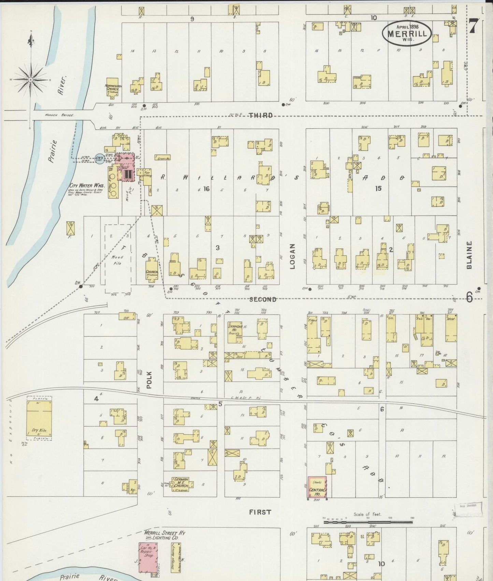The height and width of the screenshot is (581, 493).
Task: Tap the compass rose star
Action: click(31, 80)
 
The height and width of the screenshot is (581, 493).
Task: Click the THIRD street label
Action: click(261, 115)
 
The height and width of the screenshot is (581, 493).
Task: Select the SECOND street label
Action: click(262, 299)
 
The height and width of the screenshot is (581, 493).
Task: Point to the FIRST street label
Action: click(260, 512)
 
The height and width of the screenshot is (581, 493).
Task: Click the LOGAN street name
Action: click(292, 256)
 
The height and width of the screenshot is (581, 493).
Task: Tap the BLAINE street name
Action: click(469, 255)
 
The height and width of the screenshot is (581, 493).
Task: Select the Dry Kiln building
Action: click(39, 421)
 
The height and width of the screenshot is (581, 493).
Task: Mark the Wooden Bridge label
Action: click(59, 115)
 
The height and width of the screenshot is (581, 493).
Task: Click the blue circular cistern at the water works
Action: click(100, 159)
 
